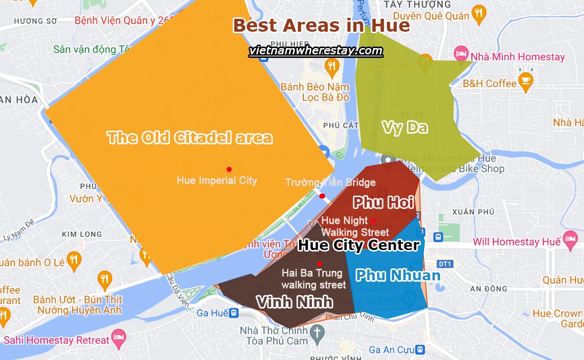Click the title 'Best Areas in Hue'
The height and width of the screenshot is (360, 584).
point(321,25)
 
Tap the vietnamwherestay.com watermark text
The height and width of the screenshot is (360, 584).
point(316,51)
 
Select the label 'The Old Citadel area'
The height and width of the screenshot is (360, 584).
point(190,137)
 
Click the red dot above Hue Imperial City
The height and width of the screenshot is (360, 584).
point(229,169)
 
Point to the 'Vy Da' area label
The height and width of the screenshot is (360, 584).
point(404,127)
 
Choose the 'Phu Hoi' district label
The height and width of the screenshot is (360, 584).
point(383,202)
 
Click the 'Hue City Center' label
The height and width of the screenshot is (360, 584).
point(359,245)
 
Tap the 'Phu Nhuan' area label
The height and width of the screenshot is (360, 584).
point(398,275)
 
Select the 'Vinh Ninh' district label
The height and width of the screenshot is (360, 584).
point(294,301)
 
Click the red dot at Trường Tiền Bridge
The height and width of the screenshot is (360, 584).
point(322,196)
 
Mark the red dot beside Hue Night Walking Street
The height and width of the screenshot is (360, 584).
point(373,221)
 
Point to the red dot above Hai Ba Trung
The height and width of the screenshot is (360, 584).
point(320,263)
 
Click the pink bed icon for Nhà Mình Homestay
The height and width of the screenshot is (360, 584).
point(461,53)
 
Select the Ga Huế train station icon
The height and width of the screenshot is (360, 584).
point(234,313)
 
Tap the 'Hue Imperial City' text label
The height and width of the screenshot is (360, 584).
point(217,180)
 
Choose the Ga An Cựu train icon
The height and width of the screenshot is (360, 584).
point(421,350)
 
